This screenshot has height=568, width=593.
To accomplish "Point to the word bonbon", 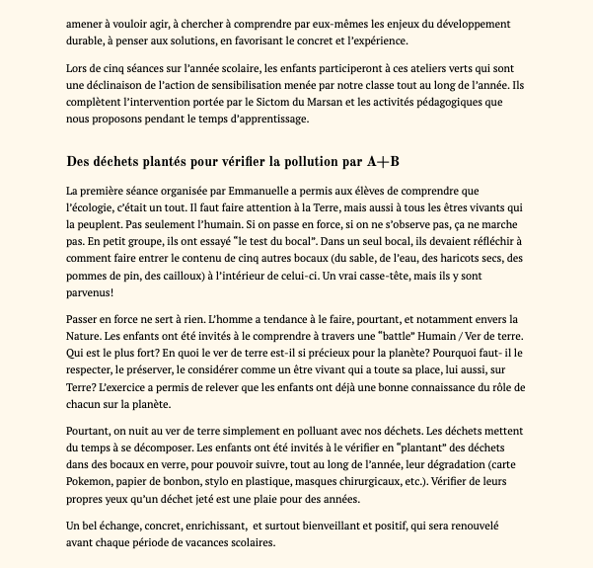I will (184, 482).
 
